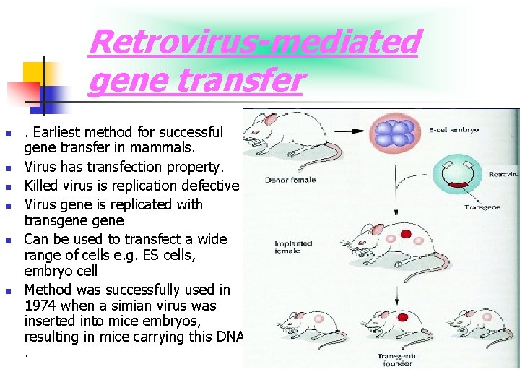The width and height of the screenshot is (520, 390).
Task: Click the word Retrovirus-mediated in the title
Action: pyautogui.click(x=253, y=42)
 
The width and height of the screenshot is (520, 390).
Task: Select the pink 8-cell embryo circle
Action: pyautogui.click(x=395, y=133)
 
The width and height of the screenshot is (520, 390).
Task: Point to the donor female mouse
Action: pyautogui.click(x=270, y=137)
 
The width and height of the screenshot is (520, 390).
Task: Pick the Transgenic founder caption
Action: pyautogui.click(x=396, y=360)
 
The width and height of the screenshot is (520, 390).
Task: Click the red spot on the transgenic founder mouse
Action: pyautogui.click(x=400, y=317)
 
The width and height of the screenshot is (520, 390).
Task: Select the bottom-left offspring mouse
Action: pyautogui.click(x=303, y=329)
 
